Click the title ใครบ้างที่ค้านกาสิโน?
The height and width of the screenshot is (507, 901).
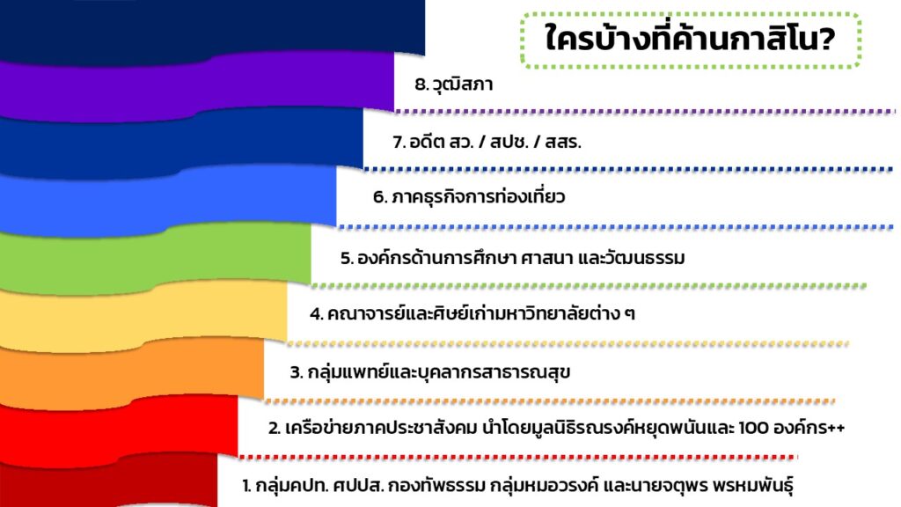click(690, 39)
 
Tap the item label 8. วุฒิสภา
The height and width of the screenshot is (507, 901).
click(453, 84)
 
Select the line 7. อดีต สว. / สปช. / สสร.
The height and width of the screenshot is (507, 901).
click(487, 142)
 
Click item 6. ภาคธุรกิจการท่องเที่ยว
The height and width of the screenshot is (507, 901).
click(469, 197)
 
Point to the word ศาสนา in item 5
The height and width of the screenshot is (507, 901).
click(544, 258)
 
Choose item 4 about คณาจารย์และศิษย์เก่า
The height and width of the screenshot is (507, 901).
click(472, 314)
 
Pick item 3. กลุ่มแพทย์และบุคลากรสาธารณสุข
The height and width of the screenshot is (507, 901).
click(429, 372)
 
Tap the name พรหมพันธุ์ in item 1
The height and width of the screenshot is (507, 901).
click(753, 486)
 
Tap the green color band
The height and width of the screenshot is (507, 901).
click(155, 258)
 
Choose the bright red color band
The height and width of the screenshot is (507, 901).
click(119, 430)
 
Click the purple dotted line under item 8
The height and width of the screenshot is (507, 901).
click(645, 112)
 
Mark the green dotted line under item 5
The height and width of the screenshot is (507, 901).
click(589, 286)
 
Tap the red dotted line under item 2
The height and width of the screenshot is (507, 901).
click(517, 458)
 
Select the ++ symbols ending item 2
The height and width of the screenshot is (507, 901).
click(837, 429)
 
